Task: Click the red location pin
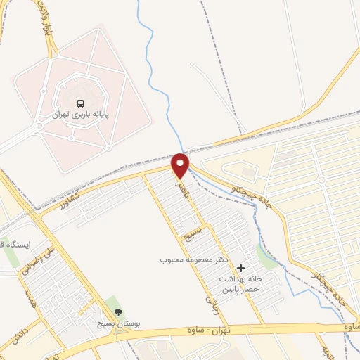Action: tap(181, 164)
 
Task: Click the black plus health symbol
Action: tap(241, 268)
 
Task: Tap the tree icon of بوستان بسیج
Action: tap(117, 312)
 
